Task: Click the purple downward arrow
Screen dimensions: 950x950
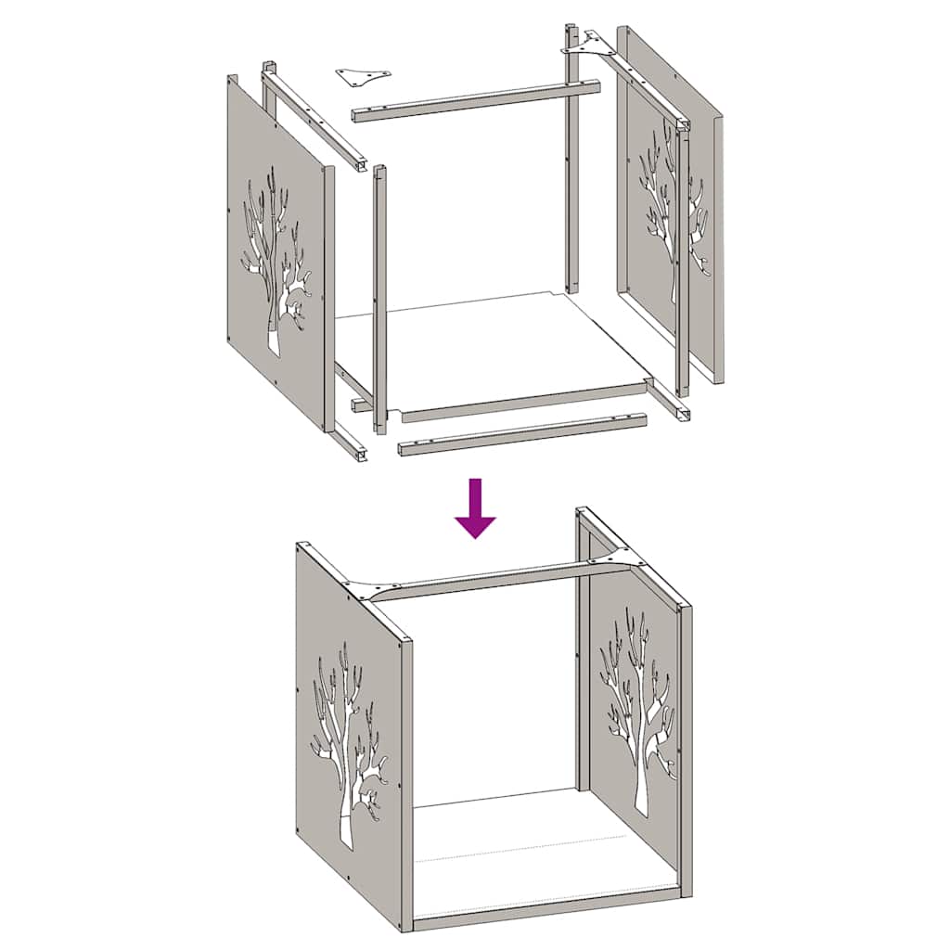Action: [475, 511]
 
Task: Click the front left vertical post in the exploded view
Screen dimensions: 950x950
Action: [379, 297]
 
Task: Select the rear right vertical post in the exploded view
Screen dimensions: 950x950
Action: [571, 167]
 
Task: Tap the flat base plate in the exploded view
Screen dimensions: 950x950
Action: [492, 353]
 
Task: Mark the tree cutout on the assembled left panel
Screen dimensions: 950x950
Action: [348, 742]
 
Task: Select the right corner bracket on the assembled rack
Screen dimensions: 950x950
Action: [612, 562]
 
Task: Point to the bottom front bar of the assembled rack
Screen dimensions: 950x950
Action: [547, 910]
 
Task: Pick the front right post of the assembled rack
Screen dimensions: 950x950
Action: [685, 751]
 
